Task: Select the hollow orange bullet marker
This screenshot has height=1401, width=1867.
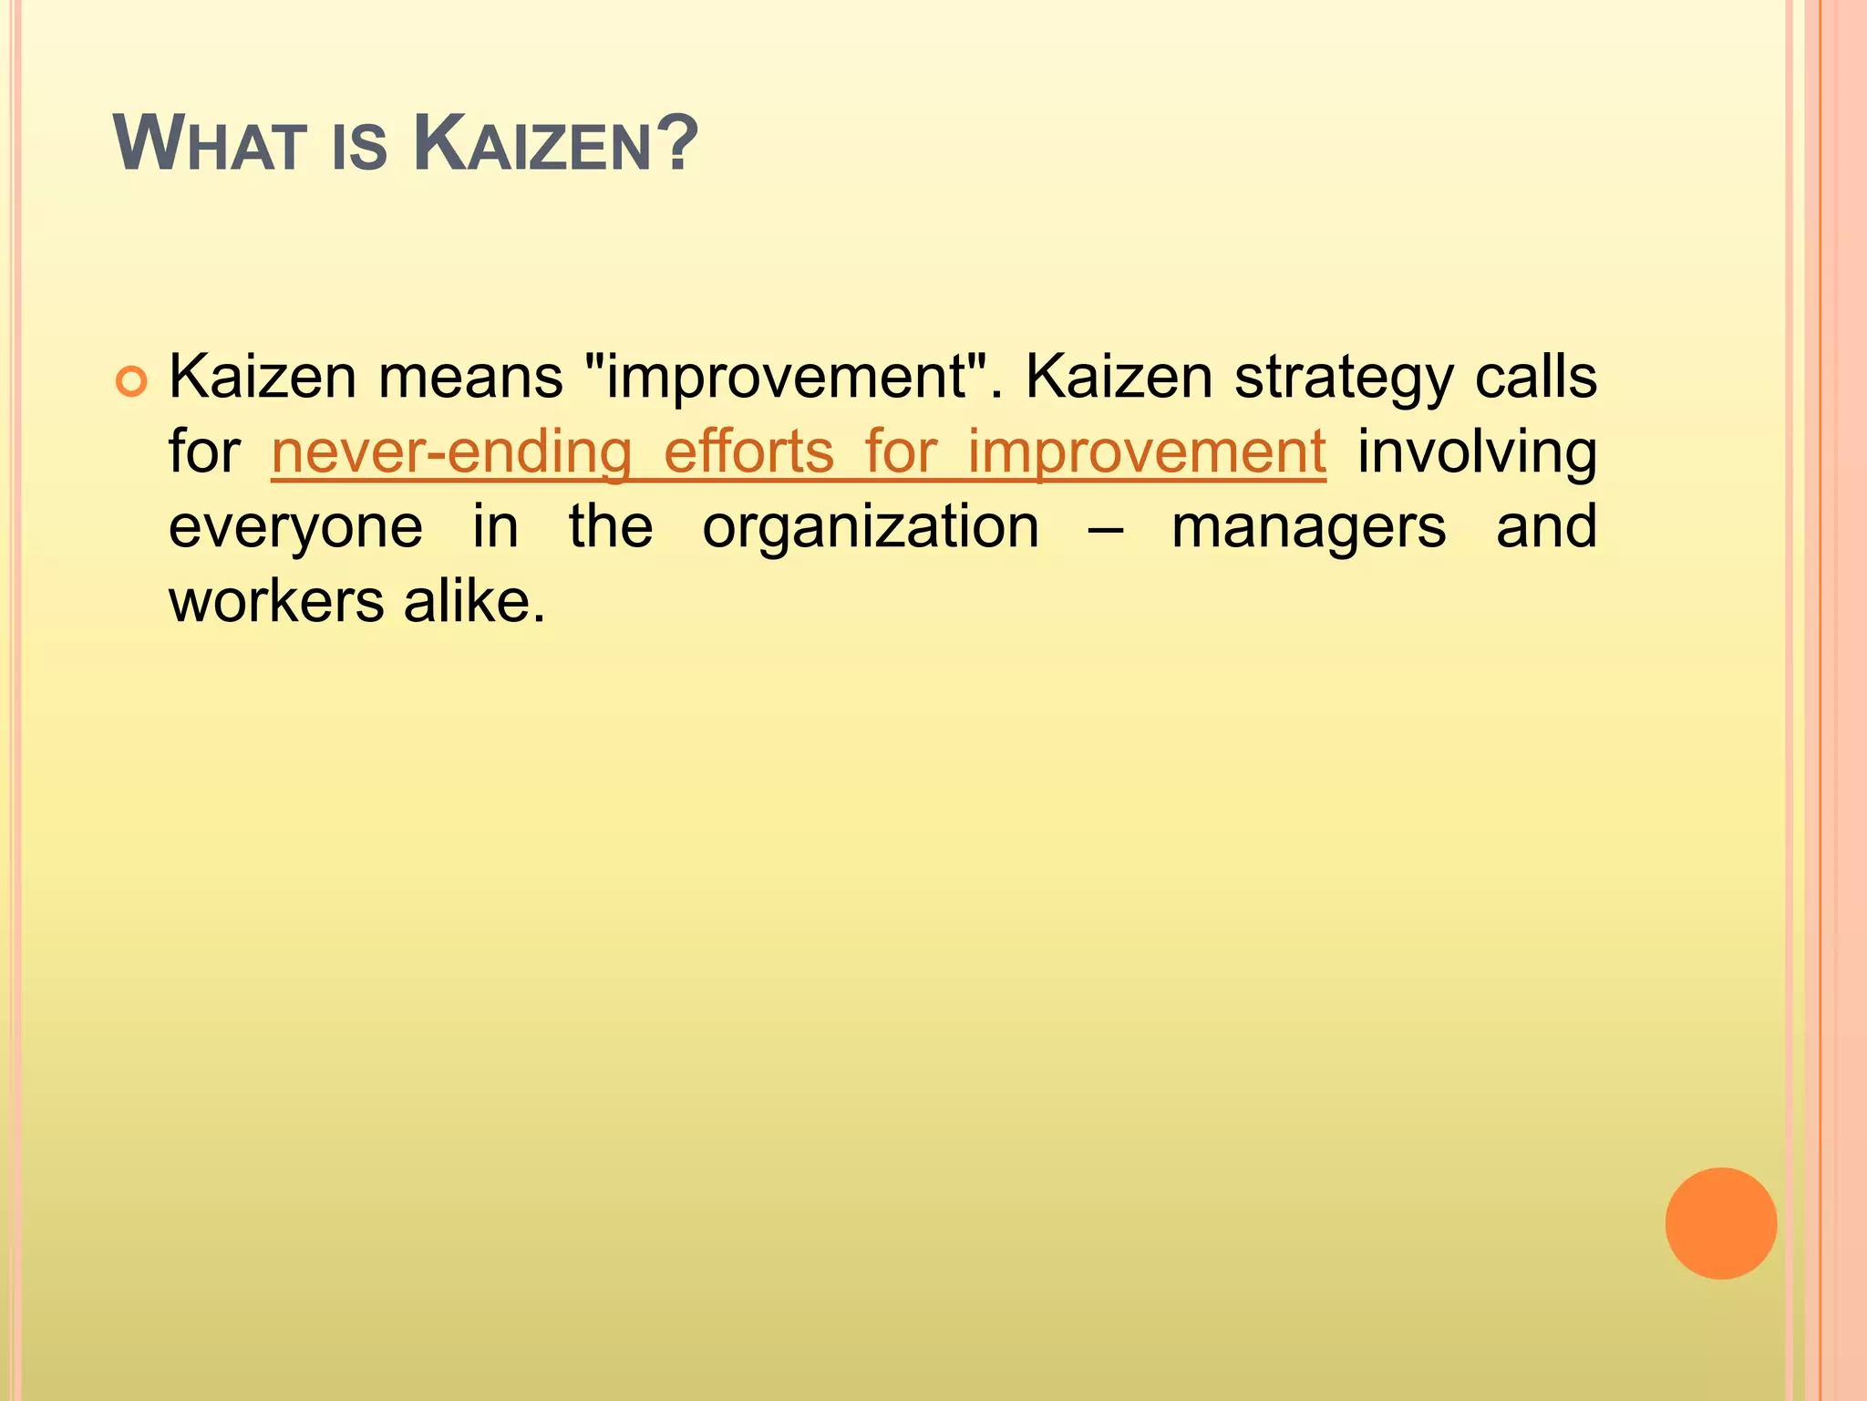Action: click(131, 381)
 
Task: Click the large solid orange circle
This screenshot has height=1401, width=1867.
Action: click(1720, 1223)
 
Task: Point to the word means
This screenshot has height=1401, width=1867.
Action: click(470, 378)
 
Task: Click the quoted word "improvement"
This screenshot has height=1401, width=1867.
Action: click(786, 378)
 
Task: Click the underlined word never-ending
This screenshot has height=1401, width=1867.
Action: click(451, 453)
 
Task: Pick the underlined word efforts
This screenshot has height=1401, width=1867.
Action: click(748, 452)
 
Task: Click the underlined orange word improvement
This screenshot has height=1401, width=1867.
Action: click(1146, 453)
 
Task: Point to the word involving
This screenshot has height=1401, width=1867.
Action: click(1477, 453)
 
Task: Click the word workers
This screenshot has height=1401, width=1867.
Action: click(277, 603)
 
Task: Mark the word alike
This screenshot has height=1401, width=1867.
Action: click(474, 603)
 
